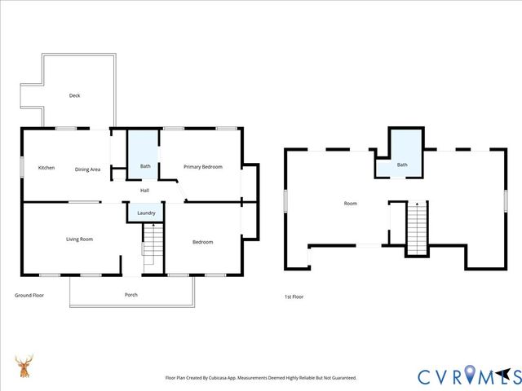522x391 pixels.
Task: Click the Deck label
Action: (74, 96)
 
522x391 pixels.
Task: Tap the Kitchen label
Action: (46, 169)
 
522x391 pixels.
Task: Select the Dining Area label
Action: (87, 169)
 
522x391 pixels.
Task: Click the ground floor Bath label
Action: (145, 167)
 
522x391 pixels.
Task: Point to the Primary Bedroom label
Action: (202, 167)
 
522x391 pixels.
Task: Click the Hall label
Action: (144, 191)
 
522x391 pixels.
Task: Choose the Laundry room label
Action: (147, 213)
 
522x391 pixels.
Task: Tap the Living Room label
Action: (79, 239)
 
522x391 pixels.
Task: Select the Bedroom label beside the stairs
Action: (202, 242)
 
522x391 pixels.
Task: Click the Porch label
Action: (130, 294)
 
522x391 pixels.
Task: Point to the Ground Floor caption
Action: (29, 295)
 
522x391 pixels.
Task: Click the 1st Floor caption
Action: (294, 297)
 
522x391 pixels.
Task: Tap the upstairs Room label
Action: (351, 204)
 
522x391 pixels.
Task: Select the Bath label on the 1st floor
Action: (402, 165)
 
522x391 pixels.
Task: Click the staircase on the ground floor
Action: (153, 244)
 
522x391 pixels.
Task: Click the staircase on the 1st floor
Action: (417, 228)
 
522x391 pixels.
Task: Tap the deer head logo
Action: (24, 367)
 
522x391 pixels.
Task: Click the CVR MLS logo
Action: (468, 376)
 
